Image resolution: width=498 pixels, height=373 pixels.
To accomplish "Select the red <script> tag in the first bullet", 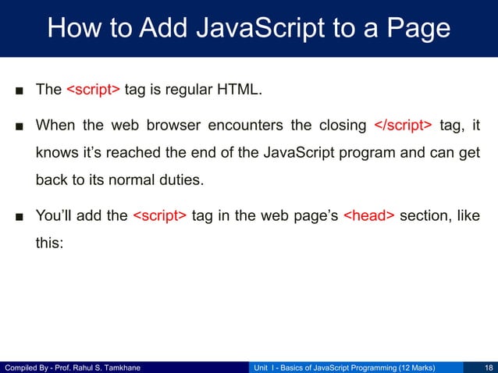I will click(93, 90).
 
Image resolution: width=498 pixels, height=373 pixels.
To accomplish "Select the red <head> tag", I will click(368, 216).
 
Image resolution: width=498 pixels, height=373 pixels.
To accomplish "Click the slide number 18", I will click(489, 367).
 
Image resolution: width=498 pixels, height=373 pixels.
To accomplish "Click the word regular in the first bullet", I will click(181, 90).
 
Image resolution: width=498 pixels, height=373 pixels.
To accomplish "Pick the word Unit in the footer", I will click(265, 367).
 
